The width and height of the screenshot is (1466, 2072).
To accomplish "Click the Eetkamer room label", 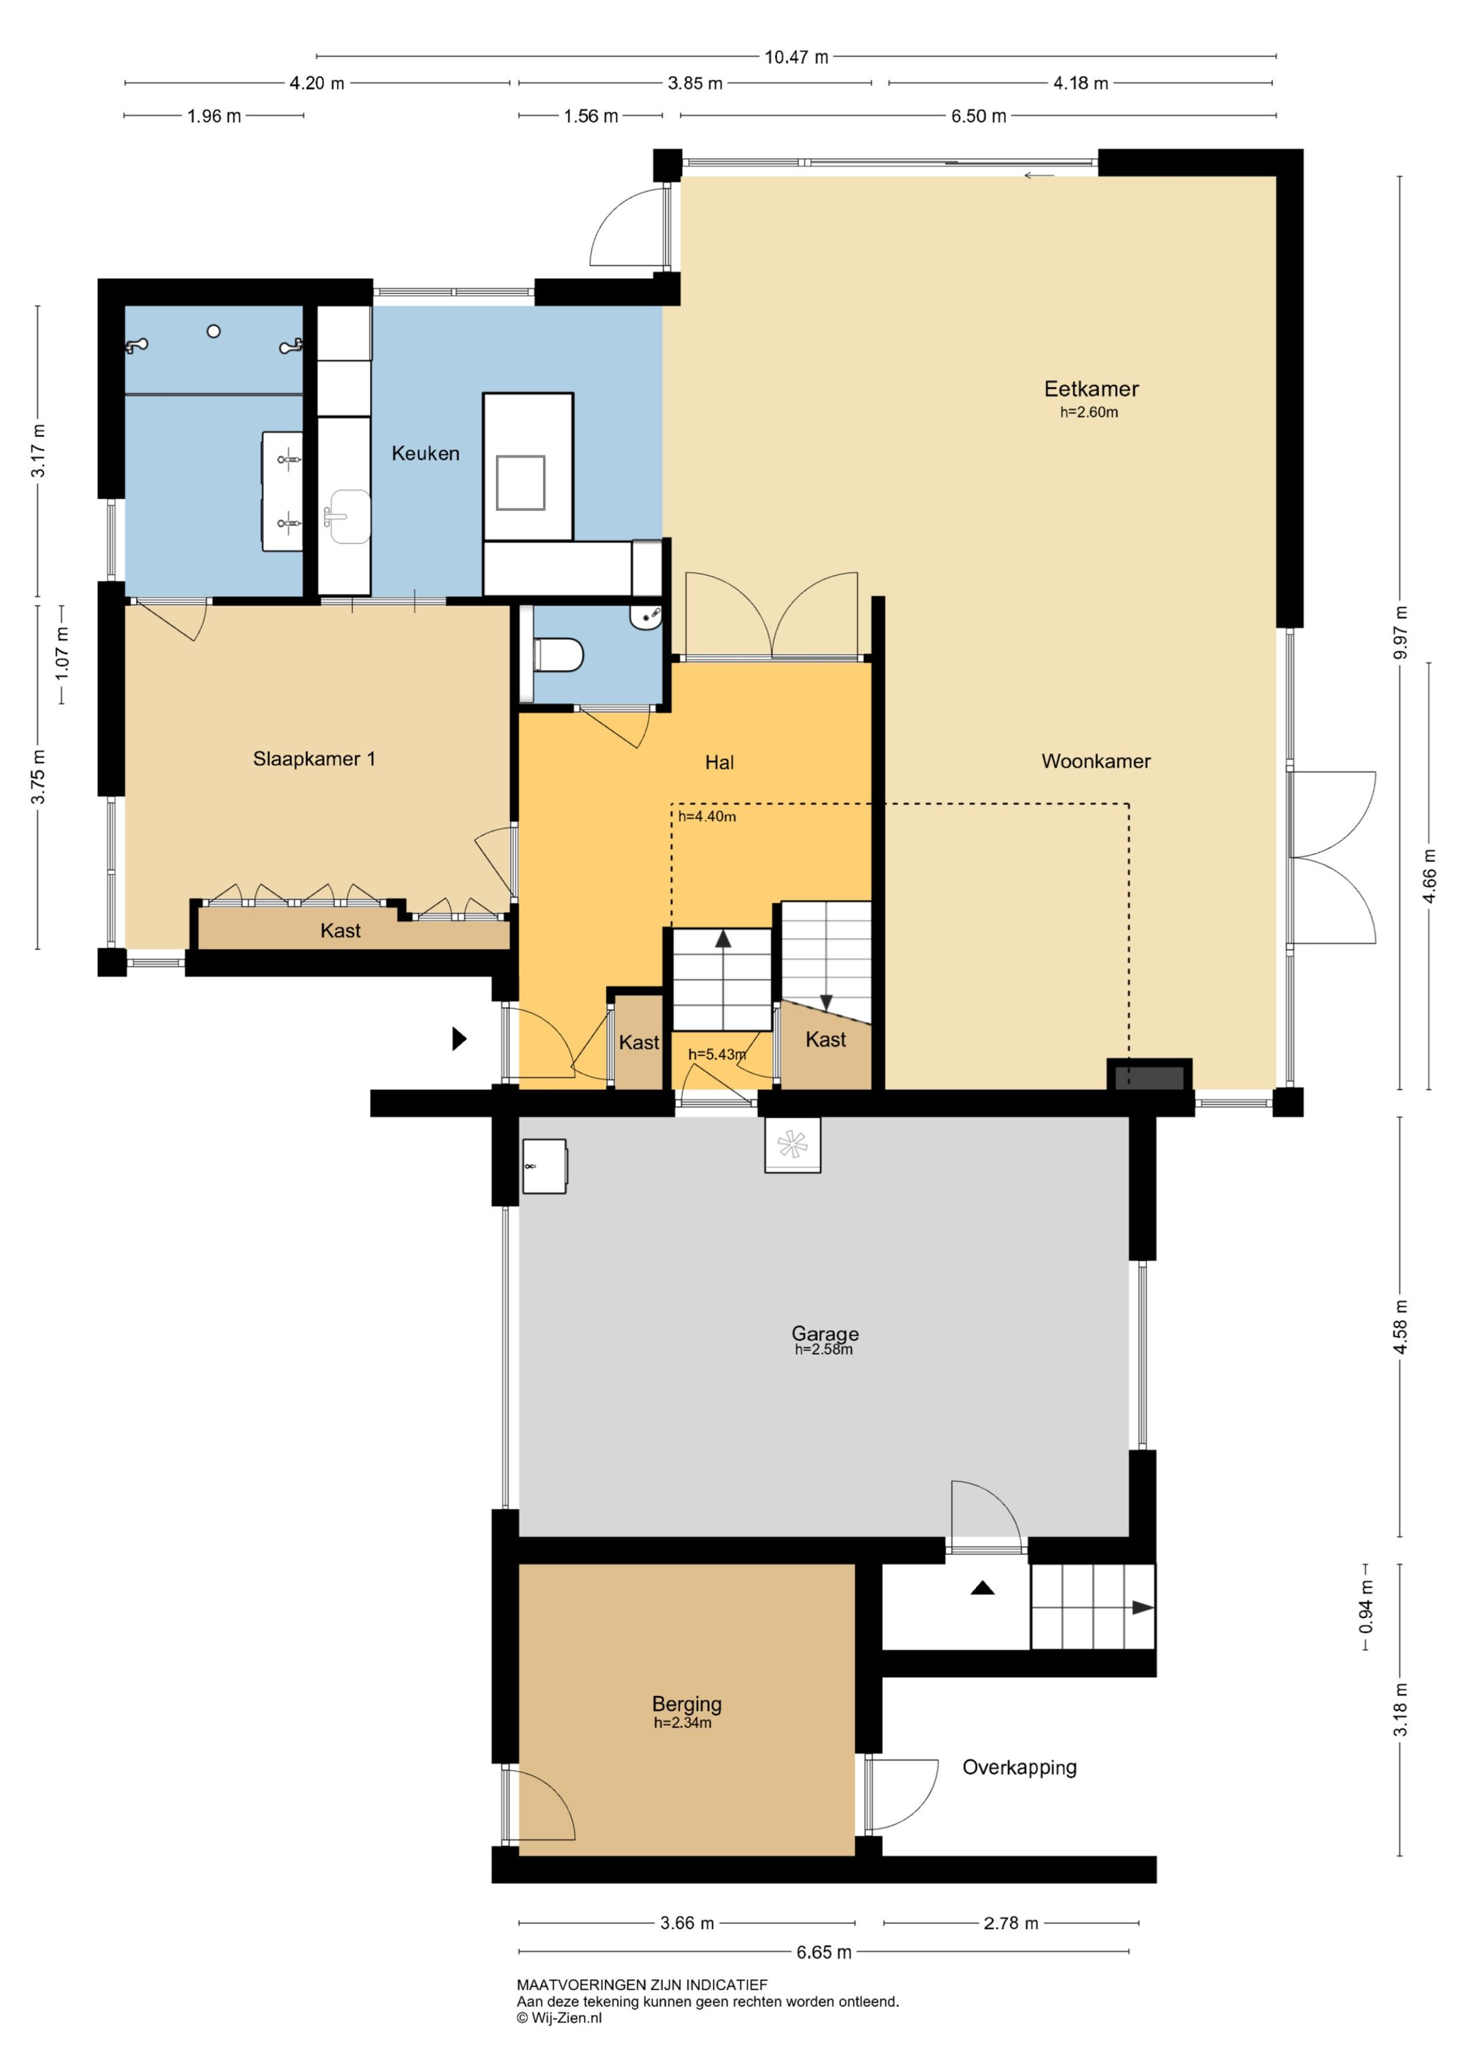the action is tap(1091, 389).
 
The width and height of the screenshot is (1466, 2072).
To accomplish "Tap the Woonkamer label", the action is tap(1096, 761).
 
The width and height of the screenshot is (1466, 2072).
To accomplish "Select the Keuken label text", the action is tap(425, 453).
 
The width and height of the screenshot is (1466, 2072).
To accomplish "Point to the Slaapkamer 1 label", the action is tap(314, 759).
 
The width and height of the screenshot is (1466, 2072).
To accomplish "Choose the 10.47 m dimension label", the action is tap(796, 57).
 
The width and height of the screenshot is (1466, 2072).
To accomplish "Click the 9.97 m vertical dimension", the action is tap(1400, 633).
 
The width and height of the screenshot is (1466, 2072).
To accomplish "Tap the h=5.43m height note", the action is tap(717, 1054).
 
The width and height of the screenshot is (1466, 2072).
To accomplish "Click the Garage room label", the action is tap(825, 1333).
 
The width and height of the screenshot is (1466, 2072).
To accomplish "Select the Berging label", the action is tap(687, 1703).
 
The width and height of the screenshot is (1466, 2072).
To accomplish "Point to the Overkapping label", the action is tap(1019, 1767).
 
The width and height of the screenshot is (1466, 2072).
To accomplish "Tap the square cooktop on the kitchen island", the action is tap(520, 483).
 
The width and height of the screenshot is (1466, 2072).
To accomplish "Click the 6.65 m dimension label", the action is tap(823, 1952).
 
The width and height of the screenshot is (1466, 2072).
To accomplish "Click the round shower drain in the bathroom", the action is tap(214, 331).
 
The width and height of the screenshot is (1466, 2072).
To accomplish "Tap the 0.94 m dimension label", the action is tap(1366, 1607).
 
